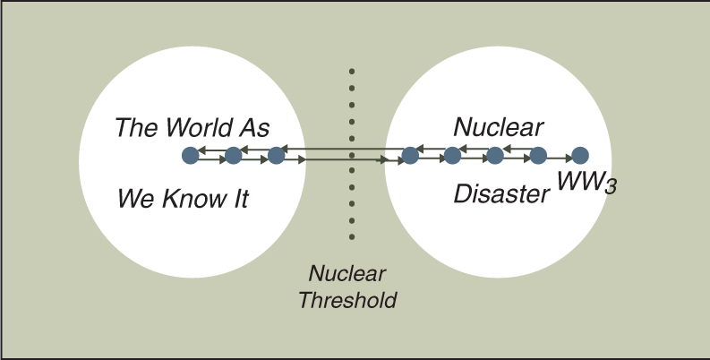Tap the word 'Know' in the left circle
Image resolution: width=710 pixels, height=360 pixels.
188,199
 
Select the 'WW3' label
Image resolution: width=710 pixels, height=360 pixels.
586,184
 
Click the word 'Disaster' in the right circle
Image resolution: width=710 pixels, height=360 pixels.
501,193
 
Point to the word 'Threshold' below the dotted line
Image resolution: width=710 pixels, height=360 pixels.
347,300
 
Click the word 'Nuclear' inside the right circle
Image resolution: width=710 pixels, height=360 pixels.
498,127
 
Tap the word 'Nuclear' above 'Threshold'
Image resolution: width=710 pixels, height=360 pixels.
346,273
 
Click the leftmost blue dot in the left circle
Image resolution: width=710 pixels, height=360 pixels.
191,155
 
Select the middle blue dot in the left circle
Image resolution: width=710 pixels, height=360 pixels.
233,155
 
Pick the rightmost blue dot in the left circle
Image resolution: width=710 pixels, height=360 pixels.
277,155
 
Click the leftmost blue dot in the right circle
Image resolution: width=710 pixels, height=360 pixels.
410,155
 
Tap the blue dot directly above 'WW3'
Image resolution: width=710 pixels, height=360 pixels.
580,155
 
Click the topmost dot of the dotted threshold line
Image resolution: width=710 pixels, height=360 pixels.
352,71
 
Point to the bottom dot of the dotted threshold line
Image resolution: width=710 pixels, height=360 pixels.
352,236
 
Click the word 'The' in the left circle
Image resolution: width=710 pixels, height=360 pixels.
137,127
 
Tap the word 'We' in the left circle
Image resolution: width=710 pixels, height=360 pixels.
136,199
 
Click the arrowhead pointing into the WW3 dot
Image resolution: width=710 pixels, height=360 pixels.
569,159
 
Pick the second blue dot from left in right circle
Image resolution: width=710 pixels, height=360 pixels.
452,155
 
